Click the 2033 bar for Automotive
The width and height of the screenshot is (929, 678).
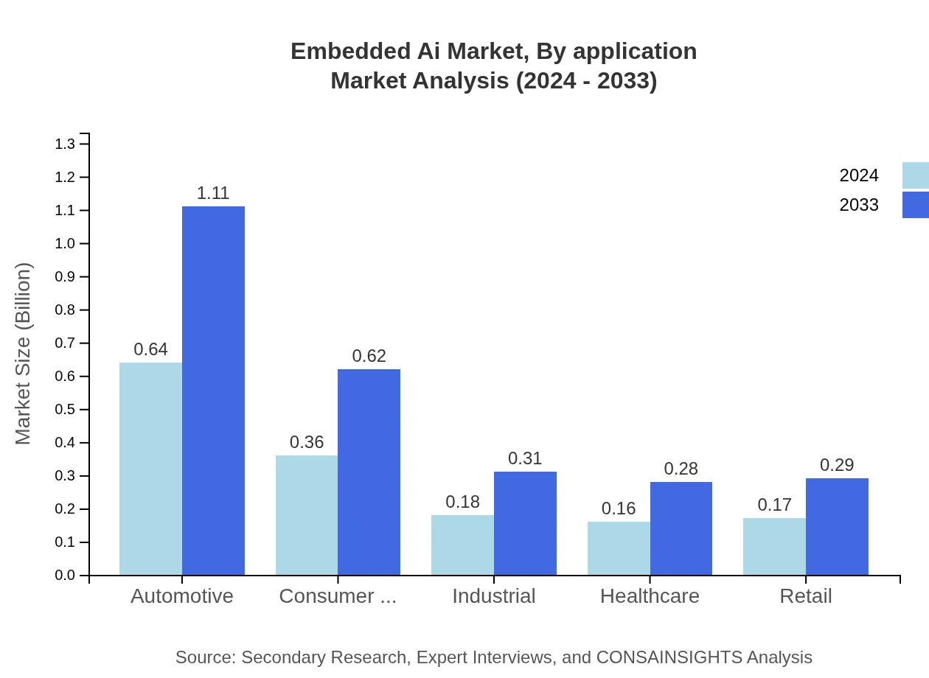(213, 391)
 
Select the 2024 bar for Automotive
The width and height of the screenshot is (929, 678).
(150, 469)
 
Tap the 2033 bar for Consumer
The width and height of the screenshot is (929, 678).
(369, 472)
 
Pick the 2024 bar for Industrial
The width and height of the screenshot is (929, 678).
(462, 545)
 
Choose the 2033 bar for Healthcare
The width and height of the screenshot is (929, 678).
(681, 528)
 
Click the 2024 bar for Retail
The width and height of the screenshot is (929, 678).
(774, 546)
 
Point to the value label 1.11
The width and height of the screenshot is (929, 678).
(213, 193)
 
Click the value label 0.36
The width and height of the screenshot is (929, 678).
(307, 442)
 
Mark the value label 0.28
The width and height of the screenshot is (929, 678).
(681, 469)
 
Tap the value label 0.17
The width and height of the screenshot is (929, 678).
(774, 505)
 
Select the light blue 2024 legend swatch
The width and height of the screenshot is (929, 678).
(915, 175)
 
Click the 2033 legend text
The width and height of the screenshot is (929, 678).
(859, 205)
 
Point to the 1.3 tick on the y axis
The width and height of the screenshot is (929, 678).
(65, 144)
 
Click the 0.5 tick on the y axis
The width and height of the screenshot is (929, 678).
(65, 410)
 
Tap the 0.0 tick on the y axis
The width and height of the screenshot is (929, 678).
(65, 576)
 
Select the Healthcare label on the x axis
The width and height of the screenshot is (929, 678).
(650, 595)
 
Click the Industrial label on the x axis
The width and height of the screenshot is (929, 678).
(493, 595)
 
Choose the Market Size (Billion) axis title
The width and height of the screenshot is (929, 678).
(24, 354)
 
